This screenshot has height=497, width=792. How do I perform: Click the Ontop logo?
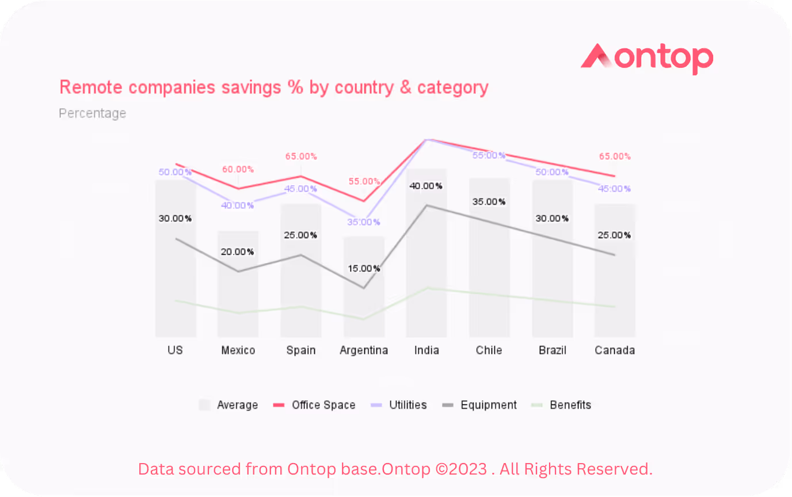(x=646, y=59)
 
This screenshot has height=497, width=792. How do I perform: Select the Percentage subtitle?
(x=92, y=113)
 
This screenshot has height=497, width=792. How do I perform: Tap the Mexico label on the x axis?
(x=238, y=350)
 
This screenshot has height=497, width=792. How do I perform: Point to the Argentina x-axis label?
(x=364, y=350)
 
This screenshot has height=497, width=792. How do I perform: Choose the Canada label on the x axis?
(x=615, y=350)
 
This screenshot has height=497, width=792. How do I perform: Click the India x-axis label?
(x=427, y=350)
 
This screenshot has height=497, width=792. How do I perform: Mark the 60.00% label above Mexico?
(x=238, y=170)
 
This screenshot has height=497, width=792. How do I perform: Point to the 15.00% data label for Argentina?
(x=364, y=269)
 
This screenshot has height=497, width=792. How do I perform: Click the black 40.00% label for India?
(x=426, y=186)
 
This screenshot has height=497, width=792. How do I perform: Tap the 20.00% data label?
(x=238, y=252)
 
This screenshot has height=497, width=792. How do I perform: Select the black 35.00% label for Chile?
(x=489, y=202)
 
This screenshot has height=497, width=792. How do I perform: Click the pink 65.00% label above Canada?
(x=615, y=156)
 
